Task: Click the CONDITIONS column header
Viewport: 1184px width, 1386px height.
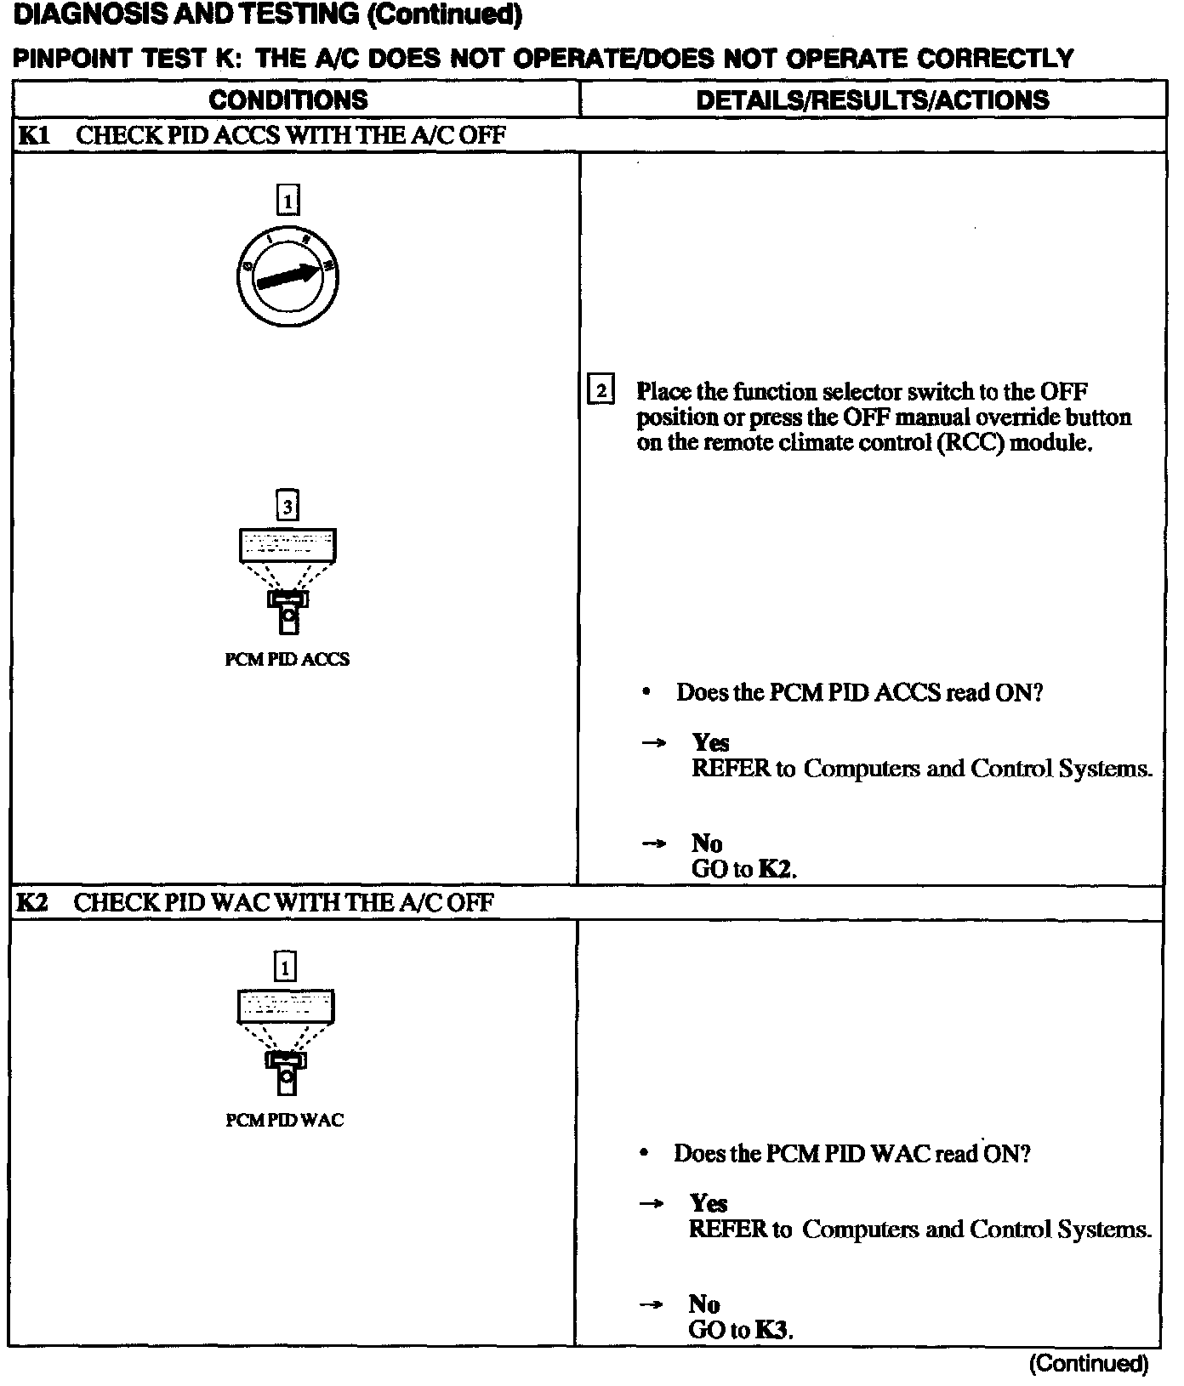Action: (x=288, y=100)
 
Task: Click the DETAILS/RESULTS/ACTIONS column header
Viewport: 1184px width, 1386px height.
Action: (x=873, y=100)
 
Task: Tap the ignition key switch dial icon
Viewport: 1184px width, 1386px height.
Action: (x=288, y=278)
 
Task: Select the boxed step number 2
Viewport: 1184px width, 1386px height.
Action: (x=601, y=391)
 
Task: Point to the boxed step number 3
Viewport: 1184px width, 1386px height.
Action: (x=288, y=507)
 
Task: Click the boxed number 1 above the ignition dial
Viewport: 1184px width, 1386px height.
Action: (x=288, y=201)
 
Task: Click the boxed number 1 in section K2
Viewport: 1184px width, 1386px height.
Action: (x=285, y=967)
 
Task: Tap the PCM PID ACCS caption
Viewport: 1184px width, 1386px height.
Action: (x=287, y=659)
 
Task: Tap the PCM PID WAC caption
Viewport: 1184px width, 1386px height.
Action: (x=285, y=1120)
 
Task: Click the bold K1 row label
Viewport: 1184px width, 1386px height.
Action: (x=33, y=135)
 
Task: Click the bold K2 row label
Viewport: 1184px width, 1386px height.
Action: (x=32, y=902)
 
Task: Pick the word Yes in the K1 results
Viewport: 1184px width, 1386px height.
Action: (x=711, y=743)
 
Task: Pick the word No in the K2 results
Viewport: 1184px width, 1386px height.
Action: (x=704, y=1304)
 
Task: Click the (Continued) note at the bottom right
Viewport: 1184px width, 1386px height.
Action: (x=1089, y=1364)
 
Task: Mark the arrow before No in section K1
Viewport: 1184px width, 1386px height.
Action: (x=653, y=844)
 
